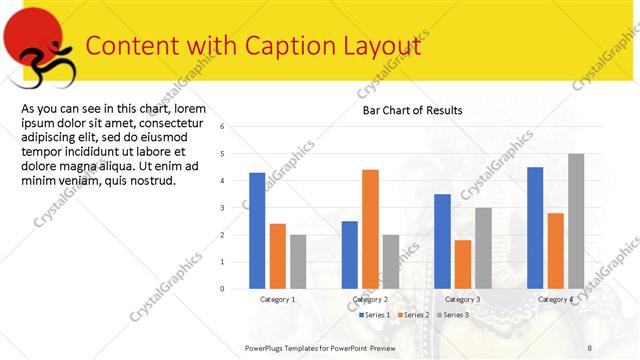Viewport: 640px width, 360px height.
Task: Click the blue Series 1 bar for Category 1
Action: (257, 231)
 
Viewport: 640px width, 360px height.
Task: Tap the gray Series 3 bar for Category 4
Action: (576, 221)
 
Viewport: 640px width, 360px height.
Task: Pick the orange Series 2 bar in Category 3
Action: (463, 264)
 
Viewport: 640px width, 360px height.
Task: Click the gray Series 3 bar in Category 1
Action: (298, 262)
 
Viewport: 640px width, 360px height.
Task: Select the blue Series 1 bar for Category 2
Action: (350, 255)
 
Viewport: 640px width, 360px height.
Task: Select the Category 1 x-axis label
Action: (277, 299)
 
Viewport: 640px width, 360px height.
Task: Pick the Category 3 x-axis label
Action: (462, 299)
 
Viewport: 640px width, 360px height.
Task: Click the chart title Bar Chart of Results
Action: (412, 110)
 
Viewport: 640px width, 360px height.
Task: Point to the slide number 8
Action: (590, 347)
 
